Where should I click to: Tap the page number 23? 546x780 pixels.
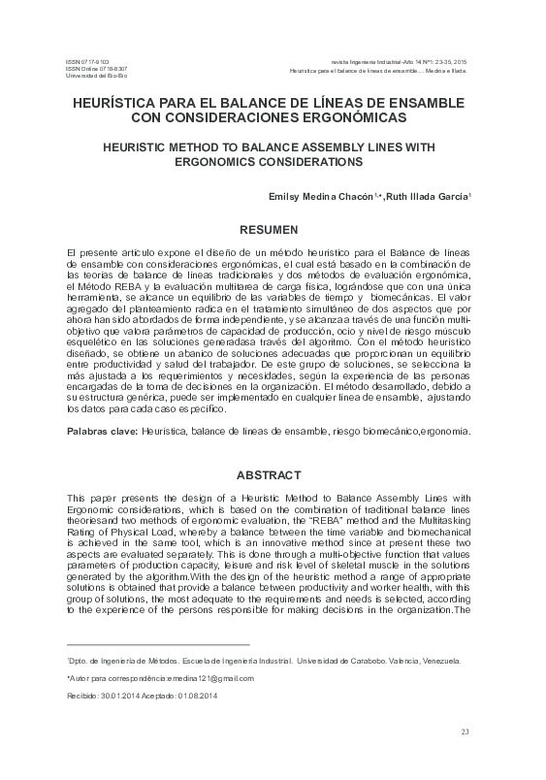point(465,731)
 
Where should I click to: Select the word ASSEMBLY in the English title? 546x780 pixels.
point(328,146)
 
